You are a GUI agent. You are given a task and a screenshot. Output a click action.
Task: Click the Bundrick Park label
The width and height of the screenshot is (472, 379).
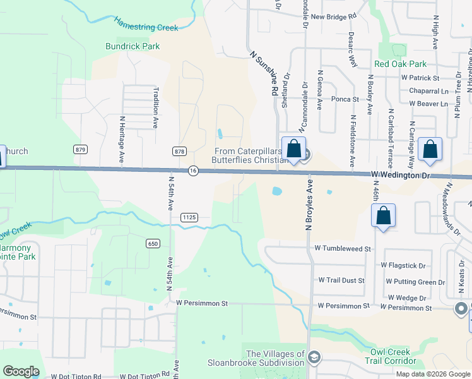click(133, 46)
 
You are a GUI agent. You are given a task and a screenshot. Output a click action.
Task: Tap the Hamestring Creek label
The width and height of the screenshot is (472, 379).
click(146, 24)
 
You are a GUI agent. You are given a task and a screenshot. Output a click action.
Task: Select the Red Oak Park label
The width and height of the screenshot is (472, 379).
click(400, 64)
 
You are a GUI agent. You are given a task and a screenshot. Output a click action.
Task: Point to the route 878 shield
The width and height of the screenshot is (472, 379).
click(179, 150)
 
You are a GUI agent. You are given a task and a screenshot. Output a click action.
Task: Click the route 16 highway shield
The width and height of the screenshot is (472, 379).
click(193, 171)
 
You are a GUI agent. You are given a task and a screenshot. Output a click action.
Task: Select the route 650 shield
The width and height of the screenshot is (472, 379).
click(153, 244)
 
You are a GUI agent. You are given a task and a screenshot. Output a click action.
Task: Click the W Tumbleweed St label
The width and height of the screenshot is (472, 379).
click(343, 249)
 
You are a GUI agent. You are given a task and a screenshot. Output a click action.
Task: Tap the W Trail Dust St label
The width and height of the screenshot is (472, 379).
click(341, 279)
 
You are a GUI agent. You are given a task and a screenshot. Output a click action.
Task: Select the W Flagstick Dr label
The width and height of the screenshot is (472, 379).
click(404, 266)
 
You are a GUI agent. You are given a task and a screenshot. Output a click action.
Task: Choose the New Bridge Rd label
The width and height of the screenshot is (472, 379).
click(334, 16)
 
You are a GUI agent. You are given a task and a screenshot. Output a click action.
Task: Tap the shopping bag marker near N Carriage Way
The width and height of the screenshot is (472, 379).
click(430, 150)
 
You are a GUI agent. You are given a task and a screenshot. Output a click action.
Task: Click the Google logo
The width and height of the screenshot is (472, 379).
click(21, 371)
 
